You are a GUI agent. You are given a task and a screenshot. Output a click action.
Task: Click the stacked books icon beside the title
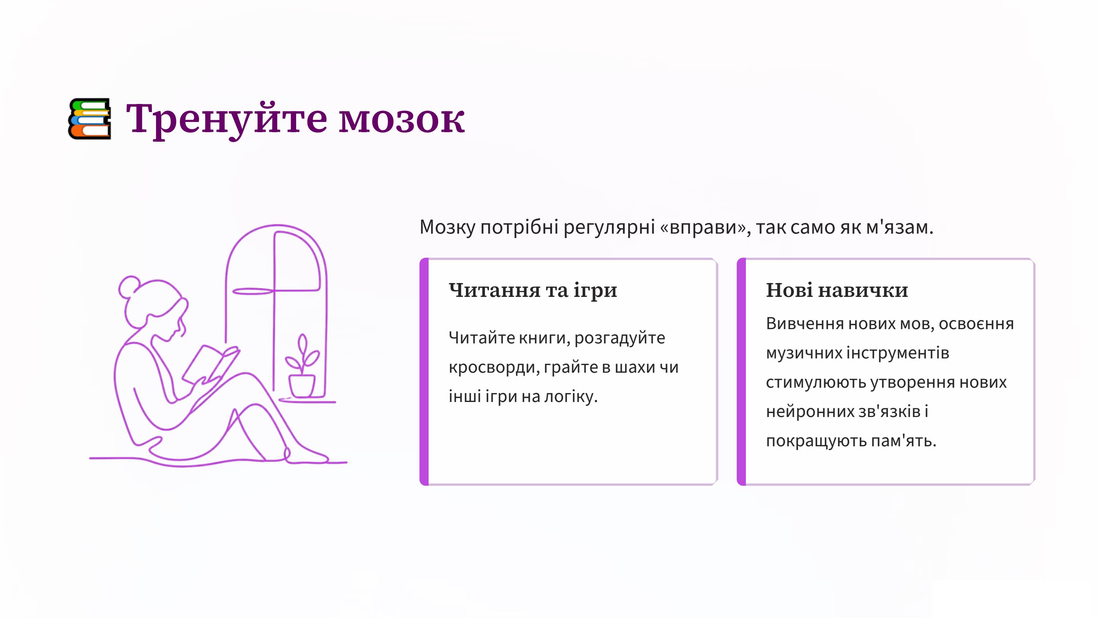[x=90, y=119]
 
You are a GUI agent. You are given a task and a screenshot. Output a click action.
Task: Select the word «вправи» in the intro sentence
[x=705, y=227]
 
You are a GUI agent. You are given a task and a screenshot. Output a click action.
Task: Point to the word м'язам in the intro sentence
[x=899, y=227]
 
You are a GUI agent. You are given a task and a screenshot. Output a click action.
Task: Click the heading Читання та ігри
[x=533, y=290]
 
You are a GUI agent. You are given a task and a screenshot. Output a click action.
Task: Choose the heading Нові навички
[x=837, y=290]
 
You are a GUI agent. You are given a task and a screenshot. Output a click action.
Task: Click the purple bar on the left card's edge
[x=424, y=372]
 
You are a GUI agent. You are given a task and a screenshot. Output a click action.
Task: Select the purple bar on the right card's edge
[x=741, y=372]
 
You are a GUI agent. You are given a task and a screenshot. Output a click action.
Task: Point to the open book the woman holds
[x=210, y=365]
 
